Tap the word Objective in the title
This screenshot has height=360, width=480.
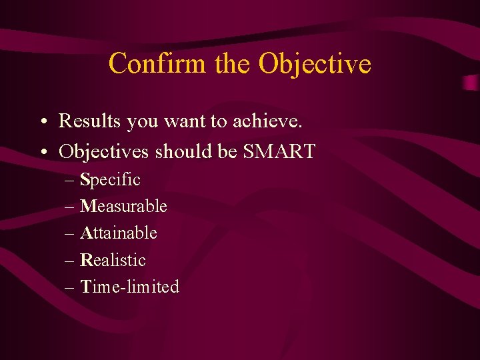tap(315, 64)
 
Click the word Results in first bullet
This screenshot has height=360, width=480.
tap(90, 121)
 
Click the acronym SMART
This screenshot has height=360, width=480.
tap(279, 152)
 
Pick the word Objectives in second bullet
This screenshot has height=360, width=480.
tap(104, 152)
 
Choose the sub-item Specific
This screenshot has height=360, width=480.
tap(110, 180)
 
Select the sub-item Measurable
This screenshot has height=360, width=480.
tap(123, 207)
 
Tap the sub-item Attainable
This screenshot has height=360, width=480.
tap(119, 233)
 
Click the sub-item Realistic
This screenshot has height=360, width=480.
tap(113, 260)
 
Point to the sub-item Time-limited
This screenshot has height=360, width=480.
tap(129, 287)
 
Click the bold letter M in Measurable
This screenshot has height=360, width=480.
tap(87, 207)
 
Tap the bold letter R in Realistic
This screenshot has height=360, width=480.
tap(85, 260)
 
